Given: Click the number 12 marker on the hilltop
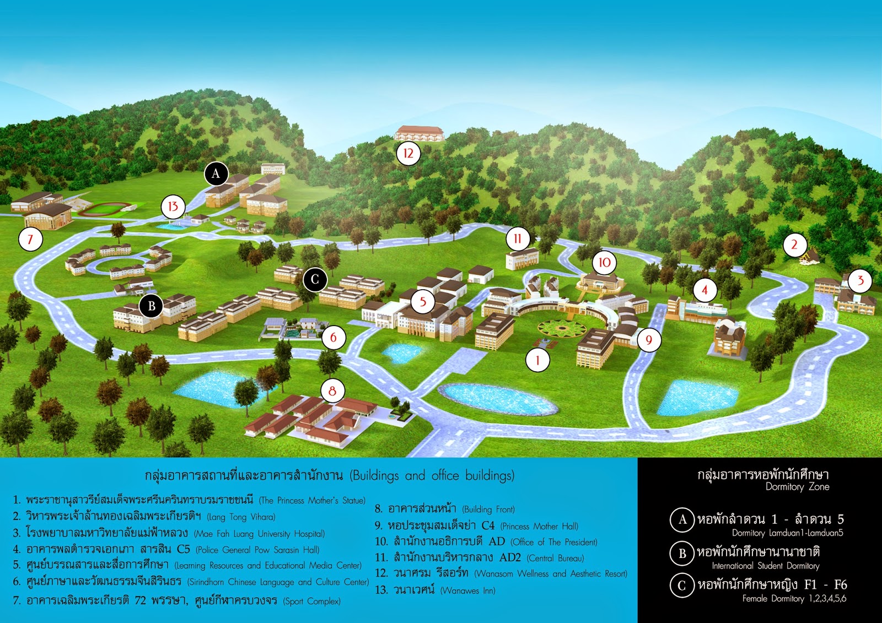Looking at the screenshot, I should point(408,153).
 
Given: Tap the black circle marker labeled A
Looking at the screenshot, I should point(216,174).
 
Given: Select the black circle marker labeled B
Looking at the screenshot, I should point(152,306).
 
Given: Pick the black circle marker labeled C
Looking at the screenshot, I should point(315,279).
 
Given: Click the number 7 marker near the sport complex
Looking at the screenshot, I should point(30,239).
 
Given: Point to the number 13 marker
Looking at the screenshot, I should point(173,207).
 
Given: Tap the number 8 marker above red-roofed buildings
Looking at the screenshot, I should point(332,391).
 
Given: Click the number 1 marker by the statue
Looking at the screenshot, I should point(537,361).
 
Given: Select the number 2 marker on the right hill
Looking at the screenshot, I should point(794,245).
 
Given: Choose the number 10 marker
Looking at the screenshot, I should point(605,262).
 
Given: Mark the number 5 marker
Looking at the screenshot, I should point(423,301).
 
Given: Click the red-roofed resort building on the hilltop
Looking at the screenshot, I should point(419,133).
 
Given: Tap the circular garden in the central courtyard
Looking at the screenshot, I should point(562,328).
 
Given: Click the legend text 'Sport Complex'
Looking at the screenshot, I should point(311,601).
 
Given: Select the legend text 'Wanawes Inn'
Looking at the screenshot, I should point(467,591).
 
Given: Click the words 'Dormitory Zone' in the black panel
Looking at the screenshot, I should point(797,487).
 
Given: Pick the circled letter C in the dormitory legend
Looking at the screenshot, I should point(681,586).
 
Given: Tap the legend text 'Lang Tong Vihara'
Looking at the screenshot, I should point(241,517).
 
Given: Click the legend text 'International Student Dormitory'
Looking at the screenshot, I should point(765,566).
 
